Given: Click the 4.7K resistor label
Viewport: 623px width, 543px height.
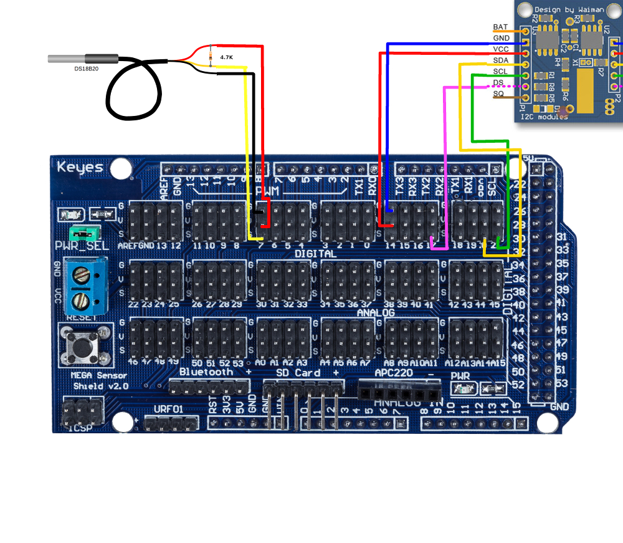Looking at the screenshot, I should coord(226,57).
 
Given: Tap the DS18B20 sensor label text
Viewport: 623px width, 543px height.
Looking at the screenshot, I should coord(86,68).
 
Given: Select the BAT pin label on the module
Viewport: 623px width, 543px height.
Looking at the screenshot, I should coord(500,27).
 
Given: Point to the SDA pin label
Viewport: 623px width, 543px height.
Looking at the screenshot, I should coord(500,60).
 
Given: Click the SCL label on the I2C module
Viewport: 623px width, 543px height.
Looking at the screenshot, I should coord(500,72).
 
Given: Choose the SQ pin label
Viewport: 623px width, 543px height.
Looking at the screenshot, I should coord(498,94).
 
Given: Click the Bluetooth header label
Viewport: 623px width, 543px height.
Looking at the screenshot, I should coord(206,372).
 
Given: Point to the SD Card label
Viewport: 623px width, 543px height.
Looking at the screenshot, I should coord(298,373).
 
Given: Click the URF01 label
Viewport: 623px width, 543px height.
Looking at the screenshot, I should coord(169,410).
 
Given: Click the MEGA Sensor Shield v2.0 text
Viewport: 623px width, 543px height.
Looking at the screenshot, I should coord(99,380).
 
